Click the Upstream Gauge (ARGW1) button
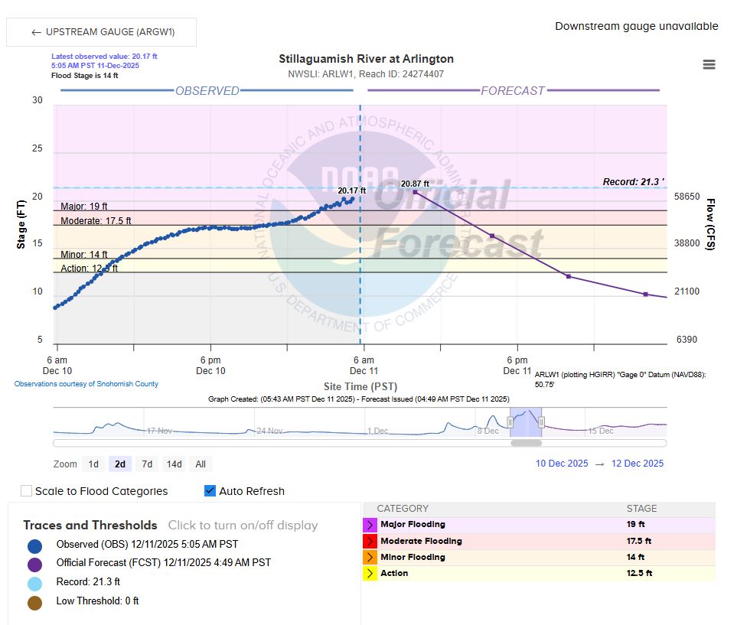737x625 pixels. [x=102, y=32]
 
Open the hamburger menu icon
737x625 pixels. [x=709, y=64]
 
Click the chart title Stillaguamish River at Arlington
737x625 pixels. [x=366, y=59]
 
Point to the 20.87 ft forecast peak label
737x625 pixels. [x=415, y=184]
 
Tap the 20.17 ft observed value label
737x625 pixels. [x=351, y=190]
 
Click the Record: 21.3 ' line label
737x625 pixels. [x=633, y=182]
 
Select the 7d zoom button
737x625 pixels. [x=147, y=464]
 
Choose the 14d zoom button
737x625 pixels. [x=174, y=464]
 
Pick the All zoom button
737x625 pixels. [x=201, y=464]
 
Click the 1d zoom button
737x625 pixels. [x=93, y=464]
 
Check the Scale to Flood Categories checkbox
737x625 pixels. [x=27, y=491]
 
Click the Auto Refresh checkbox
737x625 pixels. [x=210, y=491]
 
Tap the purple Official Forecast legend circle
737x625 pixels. [x=34, y=564]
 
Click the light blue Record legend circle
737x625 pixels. [x=34, y=583]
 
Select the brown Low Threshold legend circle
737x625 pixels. [x=34, y=602]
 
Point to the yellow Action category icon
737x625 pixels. [x=370, y=573]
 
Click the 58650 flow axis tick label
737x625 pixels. [x=686, y=197]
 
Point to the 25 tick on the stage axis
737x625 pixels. [x=38, y=148]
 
